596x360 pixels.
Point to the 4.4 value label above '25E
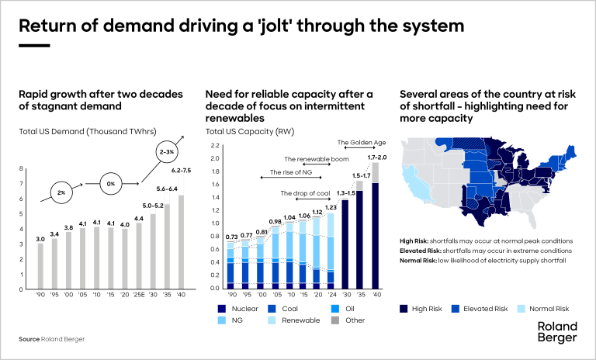coord(140,219)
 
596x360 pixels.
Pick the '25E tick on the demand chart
coord(140,296)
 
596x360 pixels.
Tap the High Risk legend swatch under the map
coord(404,310)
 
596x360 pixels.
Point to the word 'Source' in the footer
coord(29,340)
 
